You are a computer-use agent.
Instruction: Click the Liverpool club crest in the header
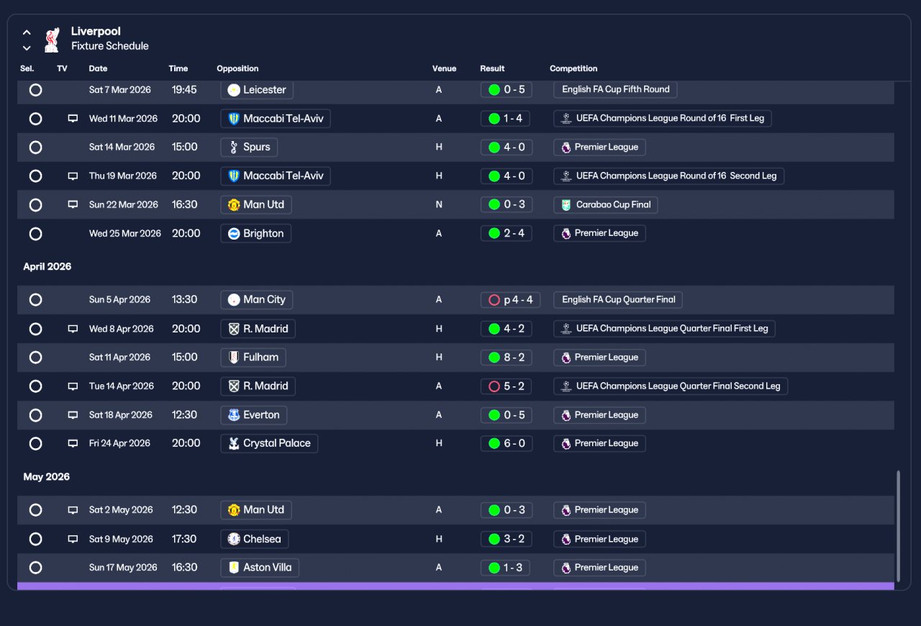pyautogui.click(x=53, y=40)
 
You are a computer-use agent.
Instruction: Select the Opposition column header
pyautogui.click(x=237, y=68)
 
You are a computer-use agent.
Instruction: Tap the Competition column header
pyautogui.click(x=573, y=68)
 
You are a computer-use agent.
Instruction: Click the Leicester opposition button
pyautogui.click(x=257, y=90)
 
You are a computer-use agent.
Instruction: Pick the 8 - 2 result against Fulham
pyautogui.click(x=506, y=358)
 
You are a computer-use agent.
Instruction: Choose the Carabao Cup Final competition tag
pyautogui.click(x=605, y=205)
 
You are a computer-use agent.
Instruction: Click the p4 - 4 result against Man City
pyautogui.click(x=510, y=300)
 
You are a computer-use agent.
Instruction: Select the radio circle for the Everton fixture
pyautogui.click(x=36, y=415)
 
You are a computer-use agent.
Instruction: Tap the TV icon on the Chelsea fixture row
pyautogui.click(x=73, y=539)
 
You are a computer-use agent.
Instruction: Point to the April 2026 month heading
pyautogui.click(x=47, y=266)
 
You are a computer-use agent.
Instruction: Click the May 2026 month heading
pyautogui.click(x=47, y=477)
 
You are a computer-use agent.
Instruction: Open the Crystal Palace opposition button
pyautogui.click(x=269, y=443)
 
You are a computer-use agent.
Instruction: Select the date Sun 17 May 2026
pyautogui.click(x=123, y=568)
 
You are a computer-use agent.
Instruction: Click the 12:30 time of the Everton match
pyautogui.click(x=184, y=414)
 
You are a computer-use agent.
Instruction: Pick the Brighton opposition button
pyautogui.click(x=255, y=234)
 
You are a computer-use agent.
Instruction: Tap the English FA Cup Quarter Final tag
pyautogui.click(x=618, y=300)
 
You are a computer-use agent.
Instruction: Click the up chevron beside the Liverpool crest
pyautogui.click(x=27, y=32)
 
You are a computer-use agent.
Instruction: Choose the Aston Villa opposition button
pyautogui.click(x=260, y=568)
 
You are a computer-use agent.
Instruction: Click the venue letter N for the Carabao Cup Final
pyautogui.click(x=439, y=205)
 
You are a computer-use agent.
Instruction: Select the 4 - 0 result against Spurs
pyautogui.click(x=506, y=148)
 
